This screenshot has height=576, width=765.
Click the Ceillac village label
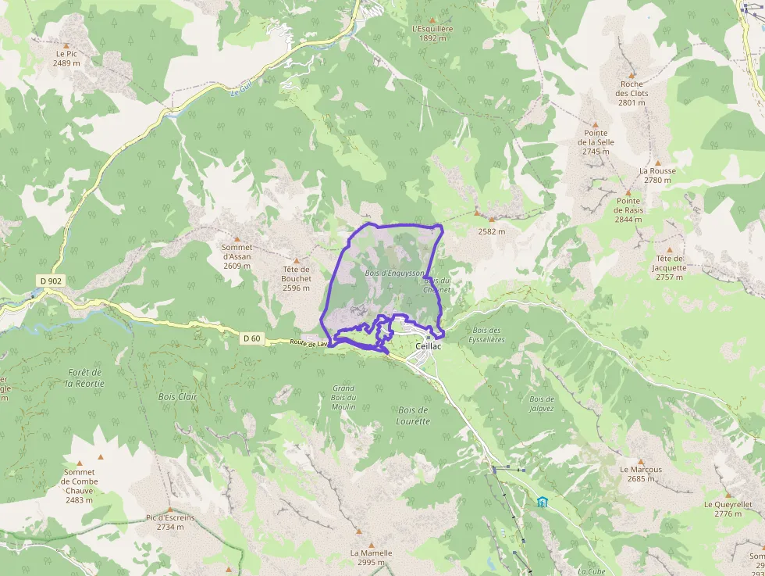point(429,346)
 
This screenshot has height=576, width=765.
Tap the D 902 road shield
point(49,281)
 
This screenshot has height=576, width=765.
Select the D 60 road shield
point(251,338)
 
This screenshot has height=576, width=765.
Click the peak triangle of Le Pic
point(67,45)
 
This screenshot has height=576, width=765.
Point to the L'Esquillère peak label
point(432,33)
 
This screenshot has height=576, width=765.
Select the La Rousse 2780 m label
point(657,175)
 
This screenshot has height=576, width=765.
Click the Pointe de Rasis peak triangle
point(628,192)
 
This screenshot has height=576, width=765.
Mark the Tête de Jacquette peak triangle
point(669,250)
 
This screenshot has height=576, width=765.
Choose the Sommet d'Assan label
point(237,256)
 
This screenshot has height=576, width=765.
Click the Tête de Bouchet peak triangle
point(297,260)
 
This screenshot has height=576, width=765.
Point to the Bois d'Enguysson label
point(394,274)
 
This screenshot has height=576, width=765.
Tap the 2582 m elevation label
point(491,231)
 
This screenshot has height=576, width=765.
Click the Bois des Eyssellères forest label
point(487,335)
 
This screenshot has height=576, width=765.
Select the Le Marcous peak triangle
point(641,461)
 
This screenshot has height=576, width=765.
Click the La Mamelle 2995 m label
point(371,557)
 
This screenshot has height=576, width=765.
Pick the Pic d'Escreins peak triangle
point(169,509)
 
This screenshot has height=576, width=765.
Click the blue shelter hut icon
point(543,501)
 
